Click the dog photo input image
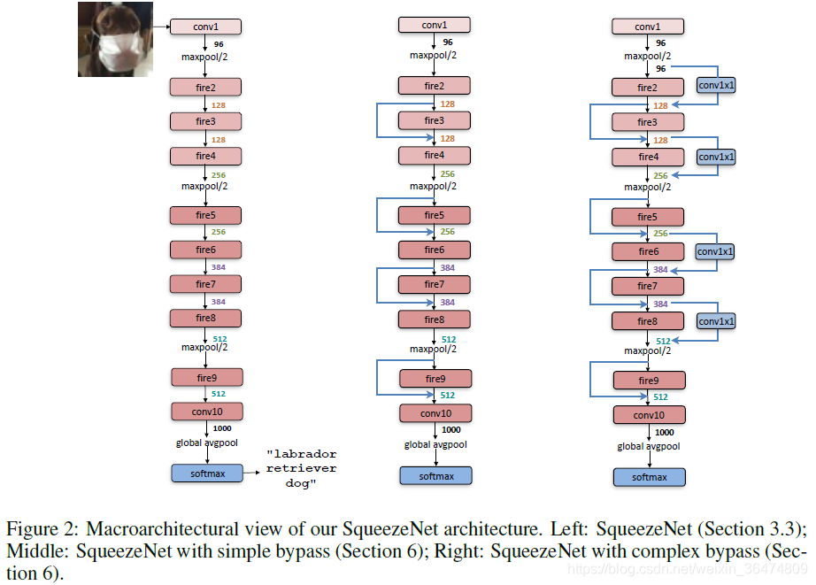coord(115,39)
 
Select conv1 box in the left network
coord(205,27)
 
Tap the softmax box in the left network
coord(205,473)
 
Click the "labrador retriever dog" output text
coord(301,468)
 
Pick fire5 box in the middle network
coord(434,215)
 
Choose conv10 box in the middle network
coord(435,413)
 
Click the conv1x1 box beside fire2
coord(717,85)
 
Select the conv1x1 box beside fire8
coord(717,321)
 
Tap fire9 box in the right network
coord(649,381)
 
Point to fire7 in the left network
coord(205,284)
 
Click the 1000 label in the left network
coord(222,428)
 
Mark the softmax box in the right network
coord(649,477)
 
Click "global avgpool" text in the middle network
coord(435,445)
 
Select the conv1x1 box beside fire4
coord(717,156)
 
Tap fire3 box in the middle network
coord(434,120)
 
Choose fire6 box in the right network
coord(649,252)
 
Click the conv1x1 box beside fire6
coord(717,252)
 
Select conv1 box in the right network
coord(649,27)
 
